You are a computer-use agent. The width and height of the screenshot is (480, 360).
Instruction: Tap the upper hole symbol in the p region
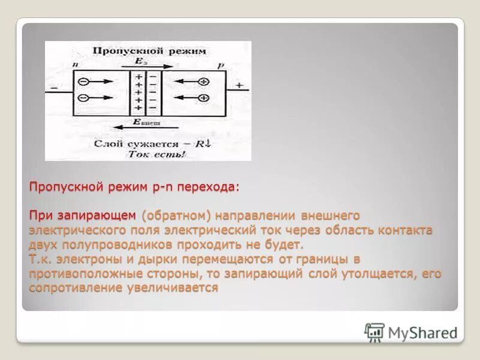(204, 82)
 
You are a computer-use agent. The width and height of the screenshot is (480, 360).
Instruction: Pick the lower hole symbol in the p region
(204, 98)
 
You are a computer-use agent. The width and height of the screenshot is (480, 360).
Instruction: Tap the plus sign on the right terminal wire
(239, 86)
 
